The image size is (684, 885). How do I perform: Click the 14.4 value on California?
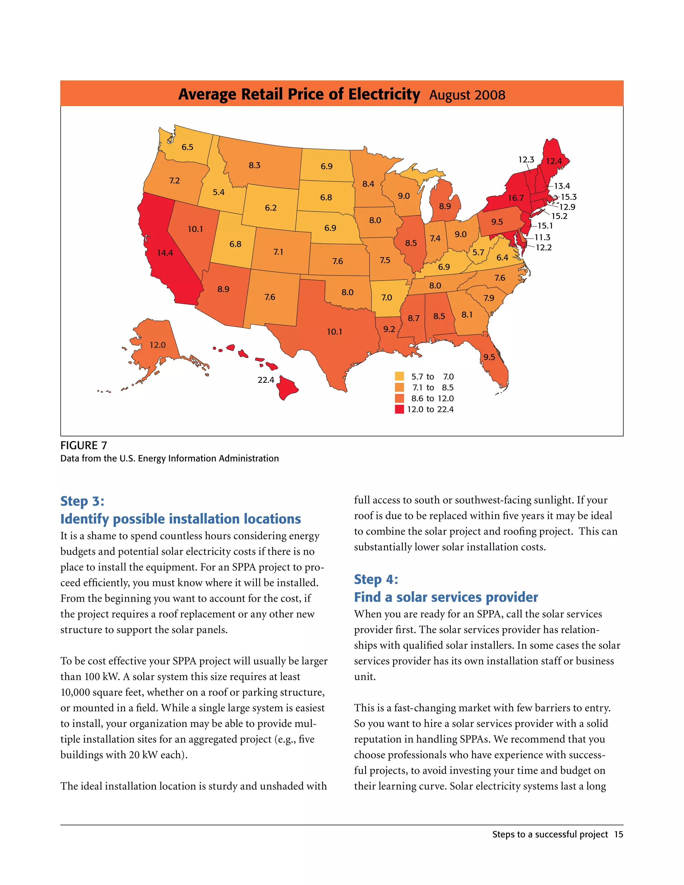click(165, 253)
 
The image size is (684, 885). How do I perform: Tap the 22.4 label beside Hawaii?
click(266, 380)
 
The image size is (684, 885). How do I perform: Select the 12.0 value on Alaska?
click(158, 345)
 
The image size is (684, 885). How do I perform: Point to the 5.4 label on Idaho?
click(218, 192)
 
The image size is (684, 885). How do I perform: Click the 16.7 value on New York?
click(516, 198)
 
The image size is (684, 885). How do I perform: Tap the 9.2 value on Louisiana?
click(389, 329)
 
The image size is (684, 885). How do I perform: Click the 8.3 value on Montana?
click(254, 165)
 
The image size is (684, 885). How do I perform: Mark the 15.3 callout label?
click(568, 197)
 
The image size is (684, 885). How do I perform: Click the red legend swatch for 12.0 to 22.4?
click(399, 409)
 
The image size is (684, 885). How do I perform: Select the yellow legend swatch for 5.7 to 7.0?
click(399, 376)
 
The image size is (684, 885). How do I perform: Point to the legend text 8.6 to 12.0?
click(433, 399)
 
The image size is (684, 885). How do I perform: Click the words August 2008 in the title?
click(467, 95)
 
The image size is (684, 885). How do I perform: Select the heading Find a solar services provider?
click(446, 597)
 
